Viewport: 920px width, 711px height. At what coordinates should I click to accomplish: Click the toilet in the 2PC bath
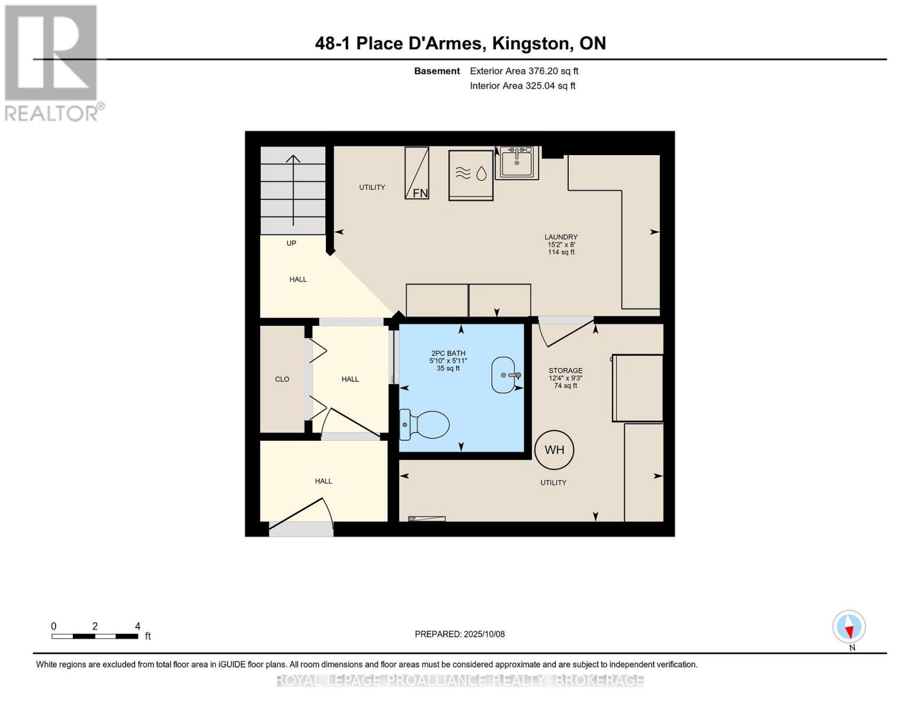point(425,425)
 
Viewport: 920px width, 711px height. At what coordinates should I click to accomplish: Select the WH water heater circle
point(554,450)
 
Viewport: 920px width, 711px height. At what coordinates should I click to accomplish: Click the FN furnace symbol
point(417,173)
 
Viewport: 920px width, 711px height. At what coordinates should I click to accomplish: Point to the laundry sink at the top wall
point(517,162)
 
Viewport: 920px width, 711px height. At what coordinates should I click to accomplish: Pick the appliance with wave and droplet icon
point(470,175)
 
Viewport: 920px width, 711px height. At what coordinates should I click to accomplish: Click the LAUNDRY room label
point(561,237)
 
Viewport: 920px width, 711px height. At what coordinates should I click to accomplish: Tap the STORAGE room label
point(565,371)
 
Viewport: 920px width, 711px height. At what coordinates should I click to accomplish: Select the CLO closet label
point(282,379)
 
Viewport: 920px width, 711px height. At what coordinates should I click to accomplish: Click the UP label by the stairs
point(291,243)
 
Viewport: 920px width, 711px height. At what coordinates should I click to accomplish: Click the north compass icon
point(849,627)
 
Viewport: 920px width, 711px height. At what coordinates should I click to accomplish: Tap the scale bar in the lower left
point(95,636)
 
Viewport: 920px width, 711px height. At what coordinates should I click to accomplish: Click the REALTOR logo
point(52,62)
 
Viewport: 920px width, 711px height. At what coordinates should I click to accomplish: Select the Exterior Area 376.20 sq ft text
point(524,71)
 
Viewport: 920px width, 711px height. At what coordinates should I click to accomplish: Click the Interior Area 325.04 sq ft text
point(522,86)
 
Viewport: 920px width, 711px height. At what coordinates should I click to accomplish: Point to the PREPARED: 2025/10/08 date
point(460,634)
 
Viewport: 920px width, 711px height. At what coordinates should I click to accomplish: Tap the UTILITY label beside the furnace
point(372,187)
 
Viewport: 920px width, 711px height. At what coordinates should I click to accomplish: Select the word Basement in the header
point(437,71)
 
